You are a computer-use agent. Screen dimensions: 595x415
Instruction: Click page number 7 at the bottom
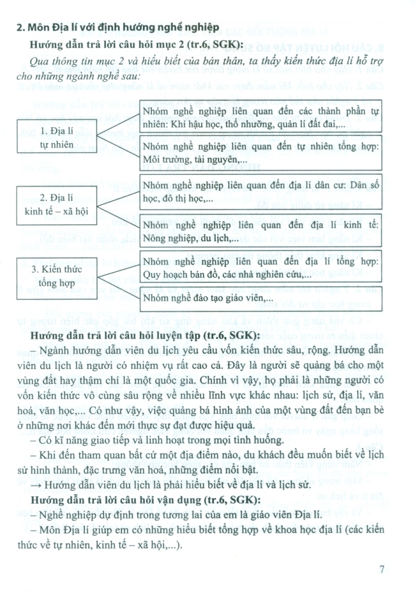pos(382,569)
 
